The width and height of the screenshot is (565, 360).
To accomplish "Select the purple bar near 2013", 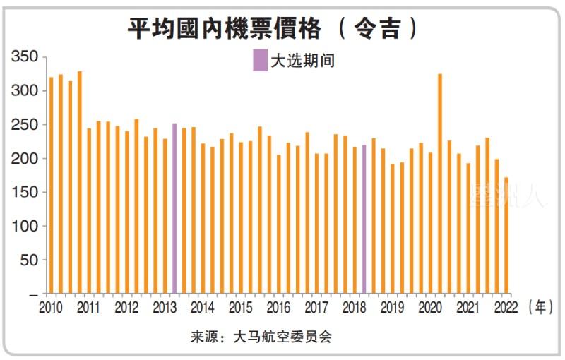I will [x=174, y=208].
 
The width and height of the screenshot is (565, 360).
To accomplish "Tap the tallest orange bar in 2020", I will [x=440, y=184].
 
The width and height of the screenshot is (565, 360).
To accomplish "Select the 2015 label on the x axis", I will [x=240, y=308].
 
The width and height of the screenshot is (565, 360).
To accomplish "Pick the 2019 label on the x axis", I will [x=392, y=308].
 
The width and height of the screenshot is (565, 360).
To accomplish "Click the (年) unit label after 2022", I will [x=540, y=308].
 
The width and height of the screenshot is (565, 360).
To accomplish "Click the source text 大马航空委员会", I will [x=282, y=337].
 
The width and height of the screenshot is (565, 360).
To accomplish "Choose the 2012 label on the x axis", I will [x=126, y=308].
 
